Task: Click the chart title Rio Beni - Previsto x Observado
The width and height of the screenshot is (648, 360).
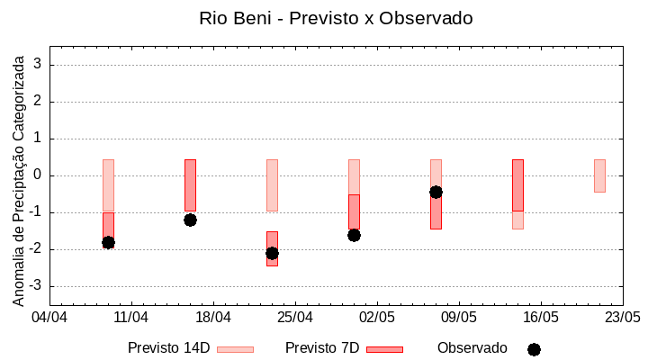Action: click(336, 18)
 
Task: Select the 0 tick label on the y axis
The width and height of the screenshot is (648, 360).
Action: click(40, 175)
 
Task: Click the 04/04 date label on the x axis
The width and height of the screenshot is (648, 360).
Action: click(49, 318)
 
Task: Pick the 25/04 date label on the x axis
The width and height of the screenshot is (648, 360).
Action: click(295, 318)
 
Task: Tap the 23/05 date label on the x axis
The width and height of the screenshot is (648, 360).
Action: click(622, 318)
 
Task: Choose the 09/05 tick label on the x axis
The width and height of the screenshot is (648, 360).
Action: click(458, 318)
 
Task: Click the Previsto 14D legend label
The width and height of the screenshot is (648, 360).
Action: click(169, 348)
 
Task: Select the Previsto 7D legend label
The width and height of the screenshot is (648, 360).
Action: click(322, 348)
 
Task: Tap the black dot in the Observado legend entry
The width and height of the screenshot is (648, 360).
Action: click(534, 349)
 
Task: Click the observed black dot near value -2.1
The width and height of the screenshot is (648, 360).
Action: click(272, 253)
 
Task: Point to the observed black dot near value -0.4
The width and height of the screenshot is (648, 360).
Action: click(436, 192)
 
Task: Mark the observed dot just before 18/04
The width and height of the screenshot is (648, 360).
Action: click(190, 220)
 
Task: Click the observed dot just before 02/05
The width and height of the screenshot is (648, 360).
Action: click(354, 235)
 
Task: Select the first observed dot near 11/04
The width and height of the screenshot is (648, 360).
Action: click(108, 242)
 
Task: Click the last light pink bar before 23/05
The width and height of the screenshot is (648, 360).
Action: click(599, 175)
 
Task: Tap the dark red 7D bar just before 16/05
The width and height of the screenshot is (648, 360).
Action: click(517, 185)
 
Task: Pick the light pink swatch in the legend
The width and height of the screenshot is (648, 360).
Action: click(235, 349)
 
